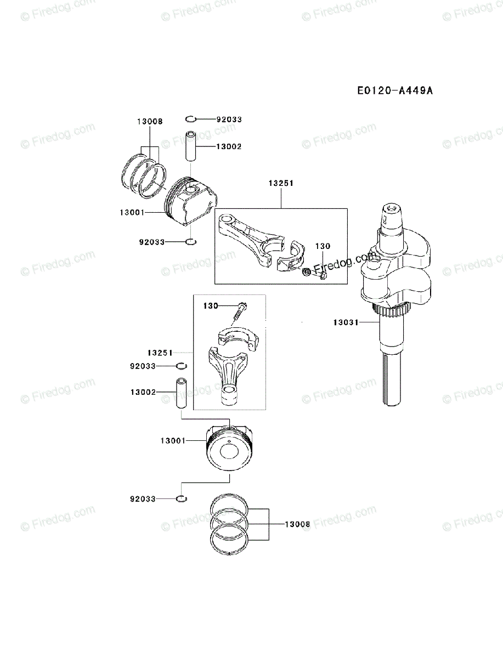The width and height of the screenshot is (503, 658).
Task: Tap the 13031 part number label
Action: tap(344, 322)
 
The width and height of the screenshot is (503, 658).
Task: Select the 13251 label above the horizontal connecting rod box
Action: tap(281, 184)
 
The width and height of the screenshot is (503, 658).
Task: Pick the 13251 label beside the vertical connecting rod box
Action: tap(160, 352)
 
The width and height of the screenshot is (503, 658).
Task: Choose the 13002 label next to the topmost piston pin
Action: tap(229, 146)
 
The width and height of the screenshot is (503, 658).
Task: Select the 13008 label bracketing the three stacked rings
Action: tap(297, 524)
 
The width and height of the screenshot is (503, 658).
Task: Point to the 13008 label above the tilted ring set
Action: tap(150, 122)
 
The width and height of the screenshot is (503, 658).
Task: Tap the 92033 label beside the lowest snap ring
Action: tap(143, 499)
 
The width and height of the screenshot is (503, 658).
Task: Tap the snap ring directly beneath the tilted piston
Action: tap(191, 242)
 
